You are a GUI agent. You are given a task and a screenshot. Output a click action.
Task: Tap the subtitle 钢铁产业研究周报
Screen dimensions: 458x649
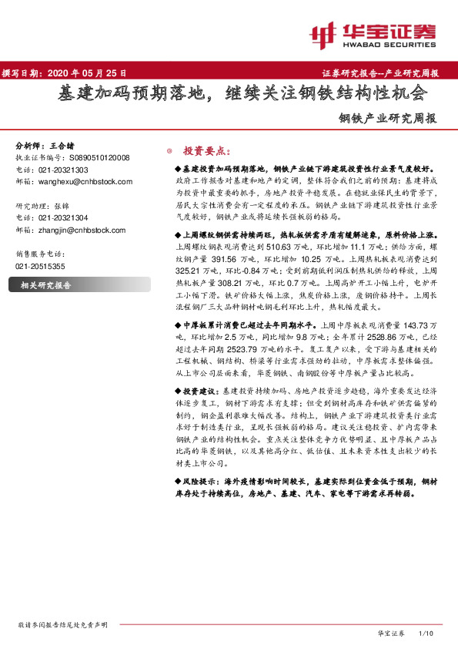pyautogui.click(x=390, y=119)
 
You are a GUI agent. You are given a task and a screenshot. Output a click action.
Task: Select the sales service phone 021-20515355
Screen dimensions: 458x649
pyautogui.click(x=40, y=266)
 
